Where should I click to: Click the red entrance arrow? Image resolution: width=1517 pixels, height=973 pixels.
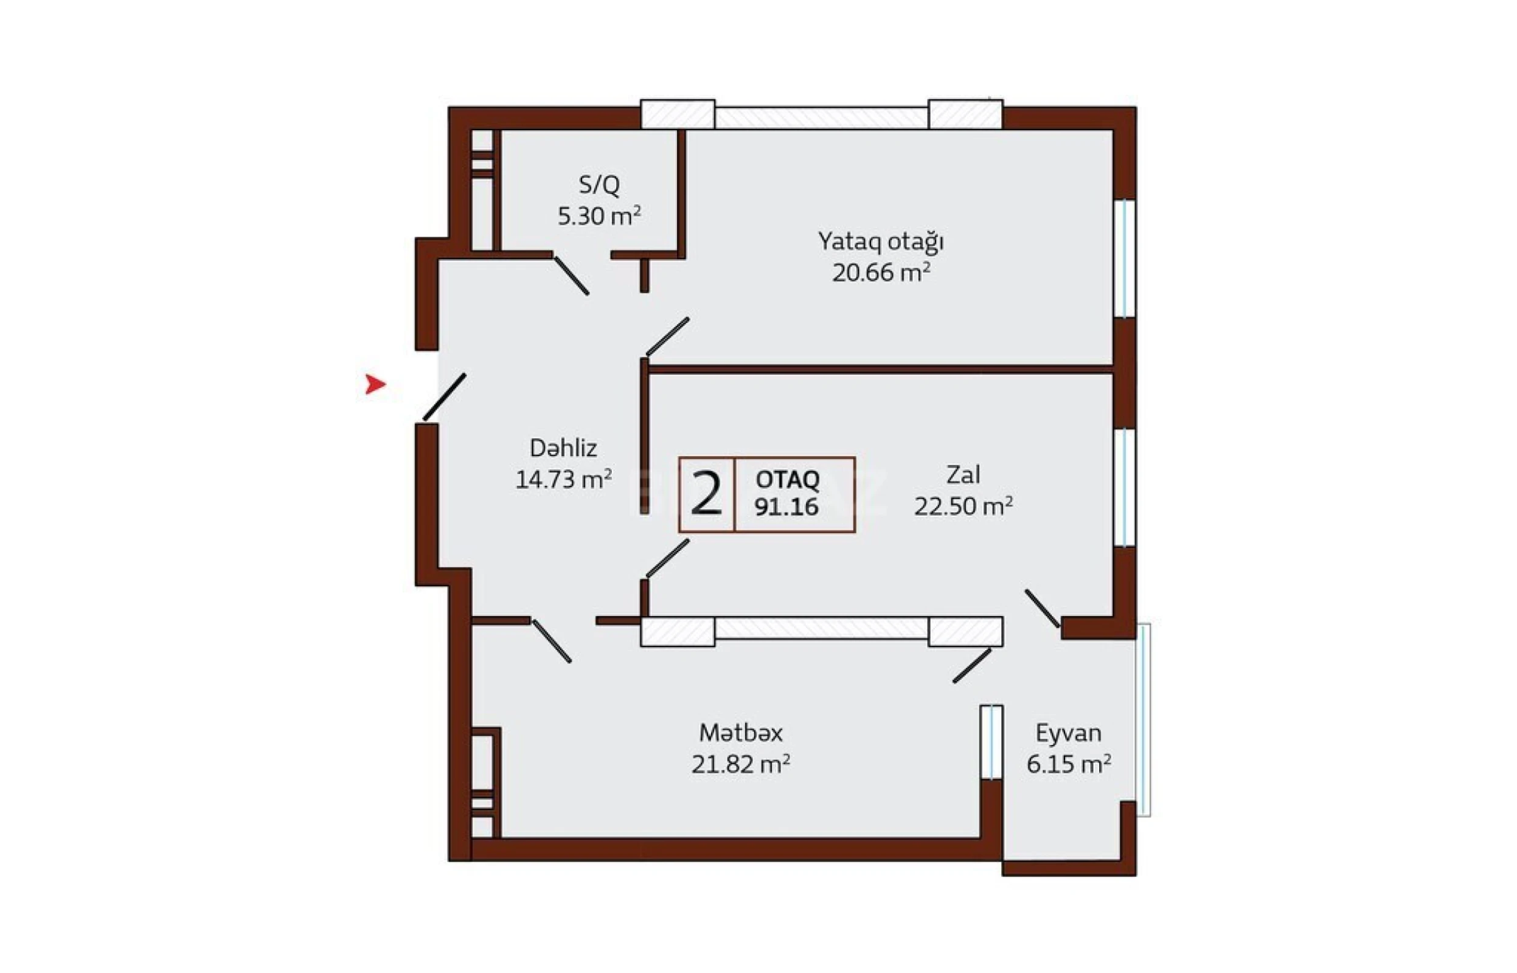[x=375, y=384]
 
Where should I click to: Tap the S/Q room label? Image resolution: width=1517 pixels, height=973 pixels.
[x=599, y=185]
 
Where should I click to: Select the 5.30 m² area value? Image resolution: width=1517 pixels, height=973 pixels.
[x=599, y=216]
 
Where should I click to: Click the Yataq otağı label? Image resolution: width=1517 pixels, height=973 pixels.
[x=881, y=241]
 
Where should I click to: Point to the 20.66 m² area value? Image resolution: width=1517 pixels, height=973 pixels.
[x=881, y=273]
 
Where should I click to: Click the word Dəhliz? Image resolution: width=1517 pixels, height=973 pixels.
[x=563, y=448]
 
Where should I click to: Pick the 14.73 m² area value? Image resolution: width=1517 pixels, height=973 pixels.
[x=563, y=480]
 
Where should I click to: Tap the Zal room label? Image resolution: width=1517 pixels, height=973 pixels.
[x=963, y=474]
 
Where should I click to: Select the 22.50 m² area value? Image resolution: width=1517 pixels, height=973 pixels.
[x=963, y=506]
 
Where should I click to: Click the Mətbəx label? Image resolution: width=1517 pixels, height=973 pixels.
[x=740, y=733]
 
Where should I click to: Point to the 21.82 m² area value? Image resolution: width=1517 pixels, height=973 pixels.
[x=740, y=764]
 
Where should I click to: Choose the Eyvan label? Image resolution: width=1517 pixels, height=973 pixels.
[x=1068, y=733]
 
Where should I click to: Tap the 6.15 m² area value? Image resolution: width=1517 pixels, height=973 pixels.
[x=1068, y=764]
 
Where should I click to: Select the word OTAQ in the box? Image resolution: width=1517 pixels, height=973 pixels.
[x=787, y=480]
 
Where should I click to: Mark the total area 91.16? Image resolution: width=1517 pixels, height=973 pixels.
[x=786, y=507]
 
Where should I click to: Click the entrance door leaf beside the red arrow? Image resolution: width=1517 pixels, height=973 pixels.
[x=444, y=396]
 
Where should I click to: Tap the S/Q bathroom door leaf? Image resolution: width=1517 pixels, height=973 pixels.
[x=572, y=276]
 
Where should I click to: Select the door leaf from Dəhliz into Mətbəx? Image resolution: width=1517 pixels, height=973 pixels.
[x=552, y=642]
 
